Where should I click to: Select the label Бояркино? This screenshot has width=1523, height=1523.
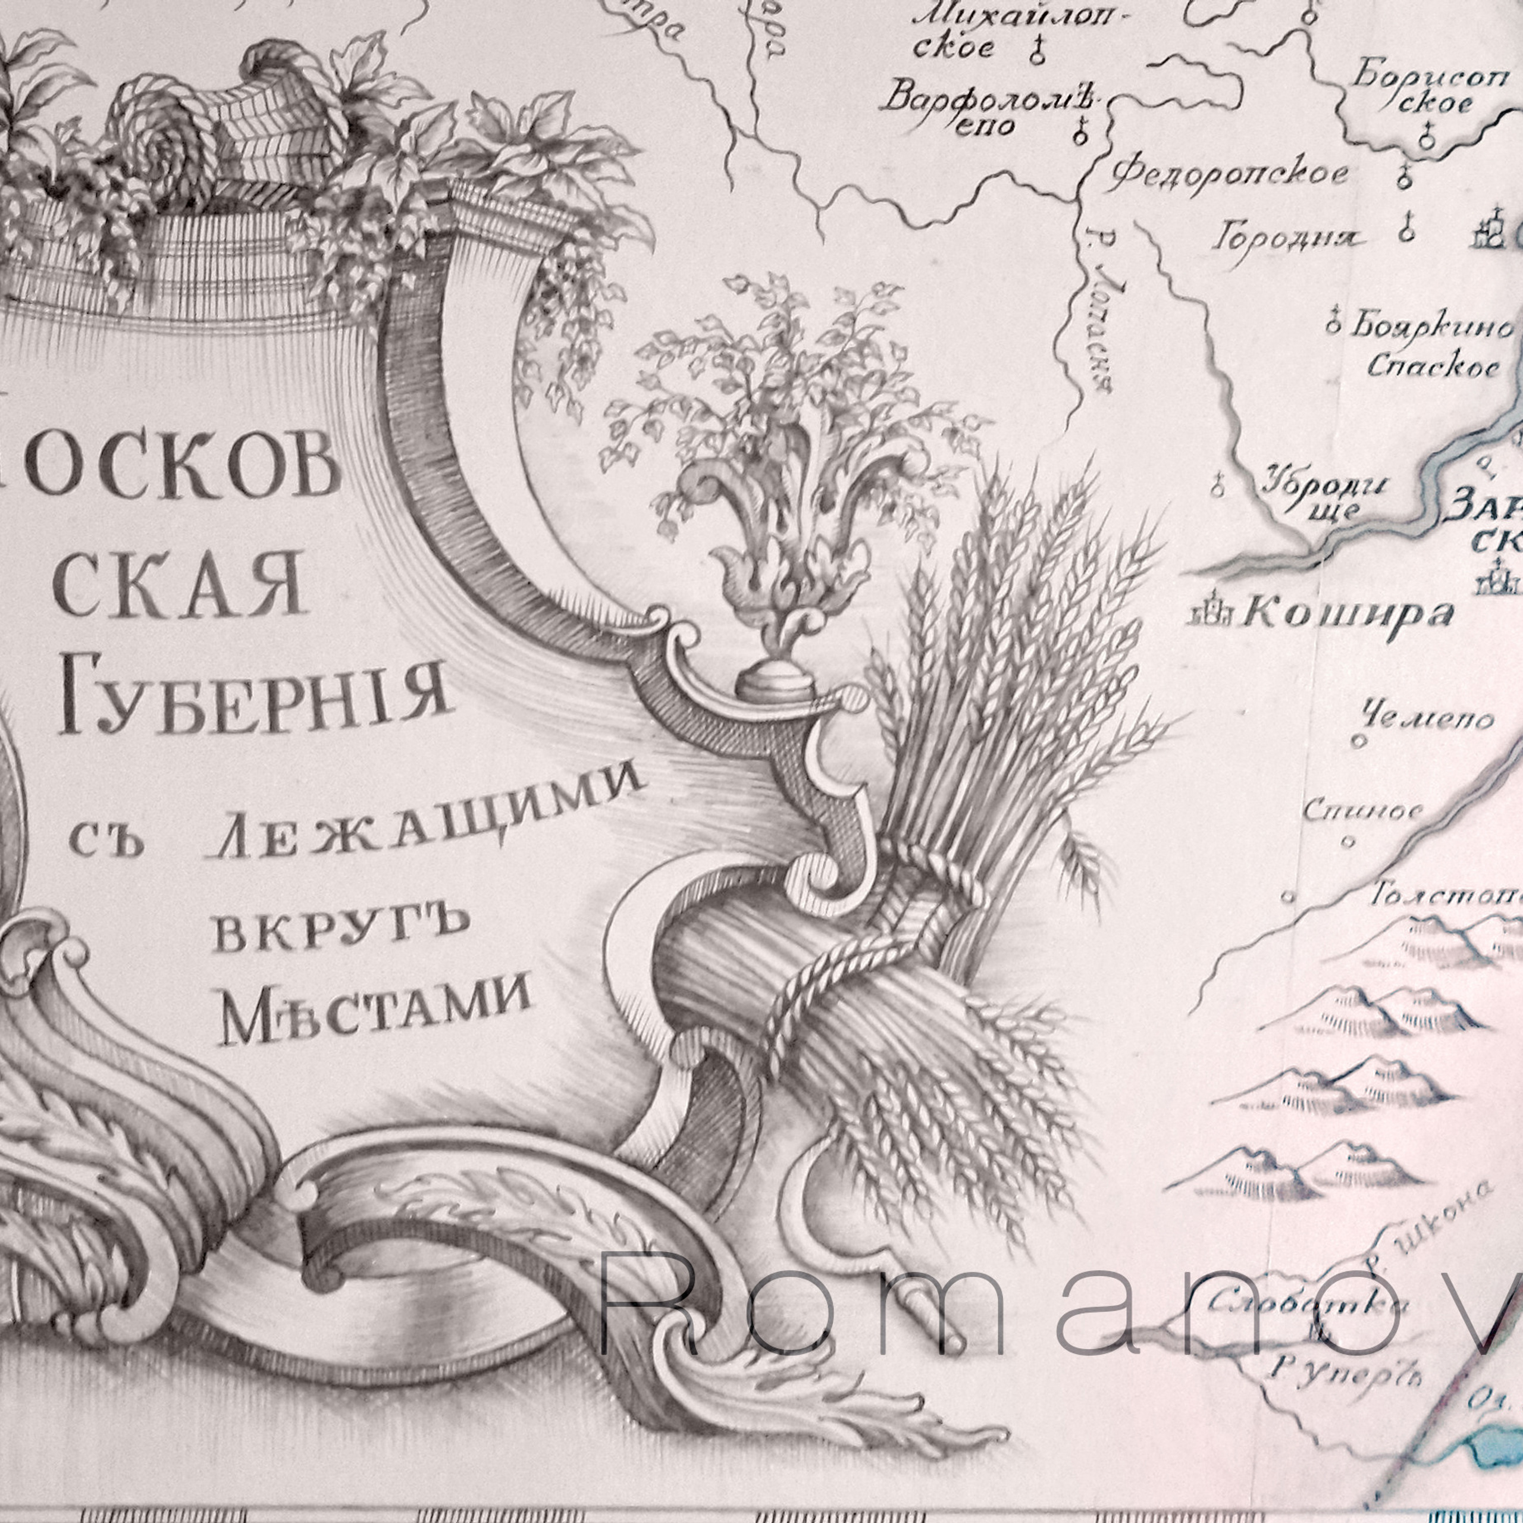1431,325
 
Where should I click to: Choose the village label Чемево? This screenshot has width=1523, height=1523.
1428,718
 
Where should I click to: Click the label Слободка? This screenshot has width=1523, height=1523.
1309,1305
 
